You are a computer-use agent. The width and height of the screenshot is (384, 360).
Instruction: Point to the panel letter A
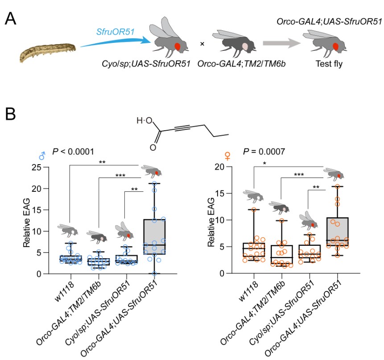(x=13, y=19)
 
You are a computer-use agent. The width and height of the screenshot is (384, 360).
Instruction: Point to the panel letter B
(x=13, y=115)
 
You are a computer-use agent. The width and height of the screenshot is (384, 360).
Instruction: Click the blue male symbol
(x=41, y=156)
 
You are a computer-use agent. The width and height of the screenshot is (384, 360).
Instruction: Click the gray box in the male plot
(x=153, y=236)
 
